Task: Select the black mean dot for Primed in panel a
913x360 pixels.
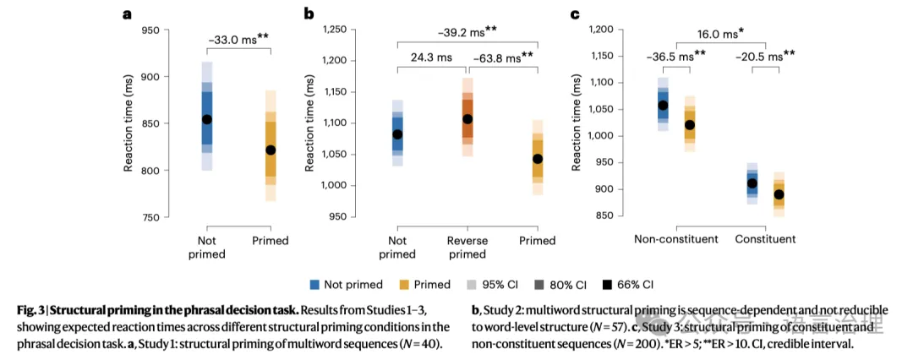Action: [271, 150]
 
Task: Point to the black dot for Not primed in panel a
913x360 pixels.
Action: [206, 119]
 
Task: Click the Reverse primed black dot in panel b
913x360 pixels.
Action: [467, 119]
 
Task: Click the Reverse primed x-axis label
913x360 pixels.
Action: [467, 247]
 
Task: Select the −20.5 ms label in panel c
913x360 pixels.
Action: [766, 56]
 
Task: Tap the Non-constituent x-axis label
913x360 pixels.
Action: [676, 239]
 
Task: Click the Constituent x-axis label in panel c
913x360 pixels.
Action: [766, 239]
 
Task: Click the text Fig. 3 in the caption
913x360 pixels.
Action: [31, 312]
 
